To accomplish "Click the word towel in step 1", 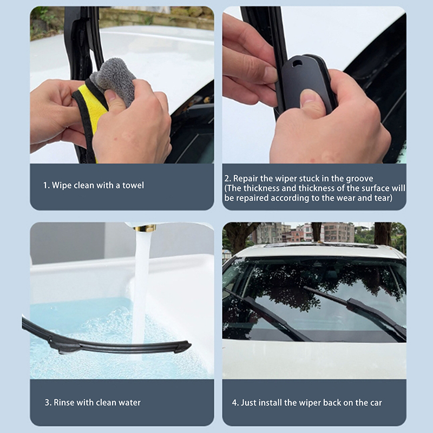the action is (133, 185).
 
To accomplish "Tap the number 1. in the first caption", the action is (47, 185).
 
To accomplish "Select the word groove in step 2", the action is (359, 179).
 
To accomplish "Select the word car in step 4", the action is (376, 403).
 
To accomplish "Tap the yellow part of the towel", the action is (91, 108).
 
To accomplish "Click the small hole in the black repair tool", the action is (297, 63).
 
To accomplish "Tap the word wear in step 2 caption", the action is (365, 198).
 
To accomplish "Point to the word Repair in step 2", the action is (245, 179).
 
